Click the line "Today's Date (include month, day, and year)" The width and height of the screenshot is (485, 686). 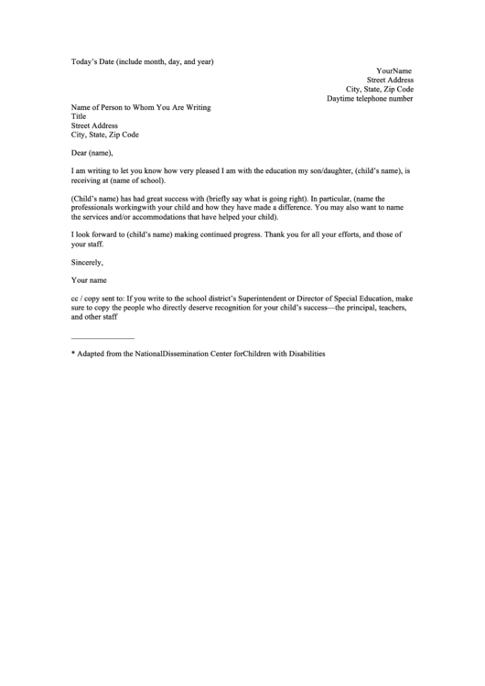pyautogui.click(x=142, y=62)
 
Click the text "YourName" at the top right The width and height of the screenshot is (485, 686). pyautogui.click(x=393, y=71)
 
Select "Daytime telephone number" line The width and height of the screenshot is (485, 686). pyautogui.click(x=370, y=98)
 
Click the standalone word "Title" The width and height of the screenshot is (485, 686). pyautogui.click(x=79, y=116)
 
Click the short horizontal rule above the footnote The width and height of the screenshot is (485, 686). pyautogui.click(x=102, y=338)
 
